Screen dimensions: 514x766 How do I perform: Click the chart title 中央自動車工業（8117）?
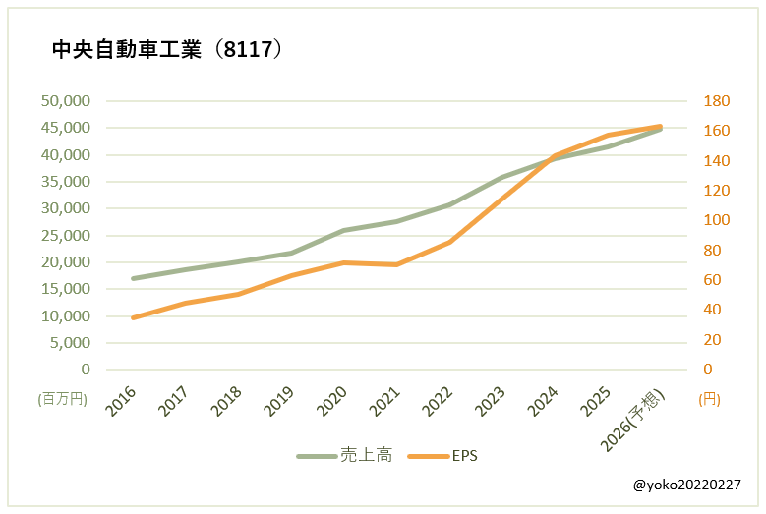point(167,50)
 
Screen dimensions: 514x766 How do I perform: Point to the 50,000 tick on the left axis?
point(66,100)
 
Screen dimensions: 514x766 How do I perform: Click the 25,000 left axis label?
point(66,235)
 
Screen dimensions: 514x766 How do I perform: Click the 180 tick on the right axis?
point(716,100)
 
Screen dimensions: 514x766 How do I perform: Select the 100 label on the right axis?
point(716,220)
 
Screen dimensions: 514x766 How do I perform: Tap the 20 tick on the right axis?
point(712,340)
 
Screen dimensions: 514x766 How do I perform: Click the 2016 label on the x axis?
point(122,401)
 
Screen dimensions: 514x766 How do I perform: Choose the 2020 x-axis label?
point(333,401)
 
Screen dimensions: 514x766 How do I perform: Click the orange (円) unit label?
point(711,399)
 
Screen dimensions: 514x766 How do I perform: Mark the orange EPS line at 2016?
point(133,317)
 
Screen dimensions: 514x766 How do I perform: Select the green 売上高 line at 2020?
point(344,230)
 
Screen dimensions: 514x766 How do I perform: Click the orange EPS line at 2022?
point(449,242)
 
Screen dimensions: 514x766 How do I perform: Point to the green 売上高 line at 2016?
point(133,278)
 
